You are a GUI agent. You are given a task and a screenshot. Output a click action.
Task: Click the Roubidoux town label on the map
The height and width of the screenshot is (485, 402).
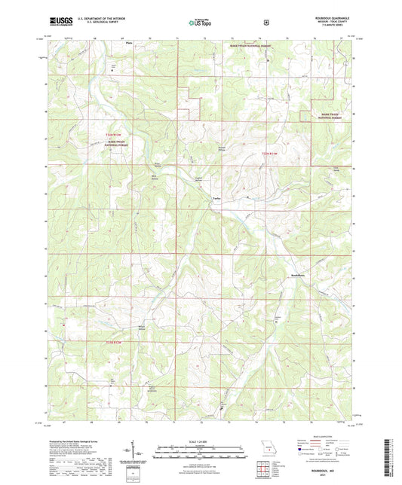click(301, 276)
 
